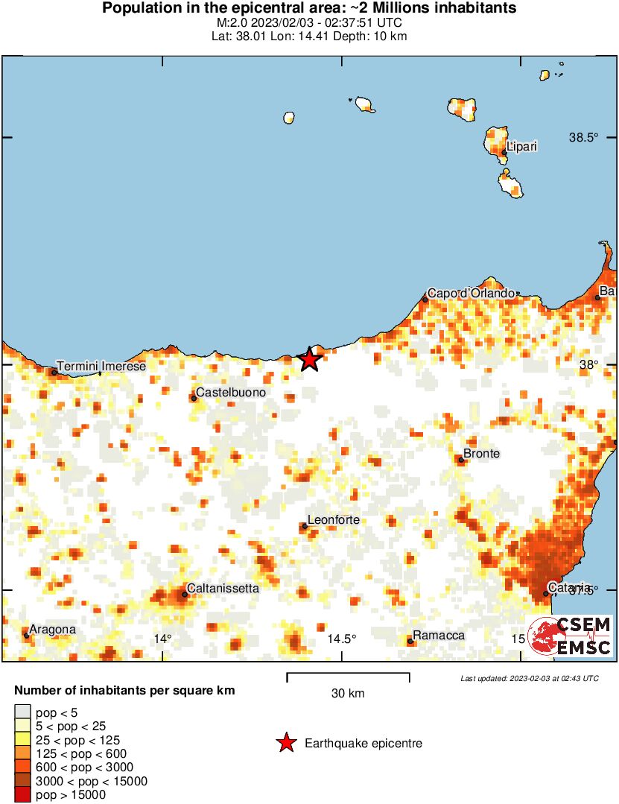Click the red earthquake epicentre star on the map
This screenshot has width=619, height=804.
310,359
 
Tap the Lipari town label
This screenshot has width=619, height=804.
521,146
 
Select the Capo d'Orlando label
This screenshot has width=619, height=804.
471,293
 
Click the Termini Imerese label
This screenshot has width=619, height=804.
101,366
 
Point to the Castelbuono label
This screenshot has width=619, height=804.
230,392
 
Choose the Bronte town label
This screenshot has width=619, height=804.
481,453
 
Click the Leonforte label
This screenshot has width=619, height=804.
334,519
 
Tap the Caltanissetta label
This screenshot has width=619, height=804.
223,588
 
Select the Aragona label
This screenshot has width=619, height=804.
52,629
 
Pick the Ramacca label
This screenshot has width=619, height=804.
439,635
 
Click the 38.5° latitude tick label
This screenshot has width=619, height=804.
585,138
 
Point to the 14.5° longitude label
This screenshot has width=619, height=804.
342,639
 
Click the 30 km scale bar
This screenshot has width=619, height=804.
348,678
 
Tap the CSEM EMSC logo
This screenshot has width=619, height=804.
571,636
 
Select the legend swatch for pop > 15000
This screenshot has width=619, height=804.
23,795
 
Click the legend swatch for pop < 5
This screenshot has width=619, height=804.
23,712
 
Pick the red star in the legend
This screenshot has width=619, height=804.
285,743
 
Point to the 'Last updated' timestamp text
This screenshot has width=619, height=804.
529,678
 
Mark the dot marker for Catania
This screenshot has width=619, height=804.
546,594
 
